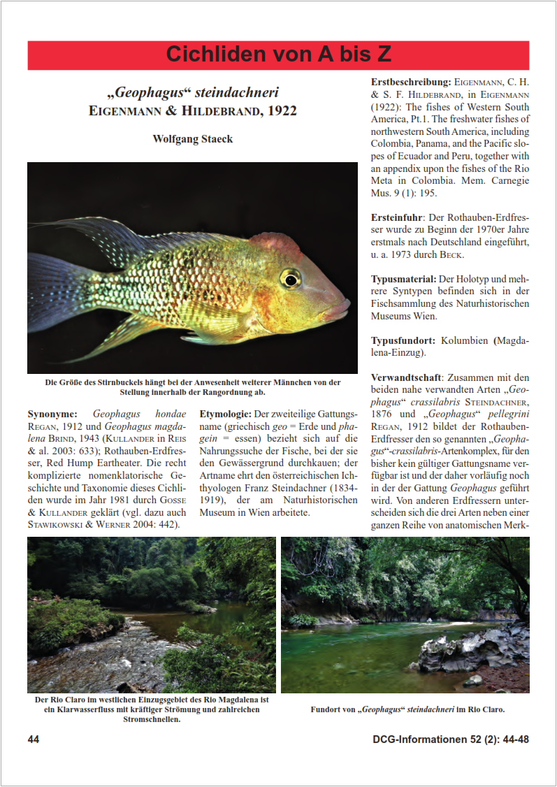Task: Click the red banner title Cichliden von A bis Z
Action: pyautogui.click(x=278, y=55)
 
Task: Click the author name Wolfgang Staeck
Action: pyautogui.click(x=192, y=139)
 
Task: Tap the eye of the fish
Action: pyautogui.click(x=290, y=278)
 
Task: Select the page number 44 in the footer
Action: pyautogui.click(x=34, y=739)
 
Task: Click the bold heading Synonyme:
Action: pyautogui.click(x=53, y=414)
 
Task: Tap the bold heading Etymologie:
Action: pyautogui.click(x=225, y=414)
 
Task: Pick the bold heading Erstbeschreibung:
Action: pyautogui.click(x=410, y=82)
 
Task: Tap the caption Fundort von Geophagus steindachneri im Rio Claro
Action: pyautogui.click(x=407, y=709)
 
